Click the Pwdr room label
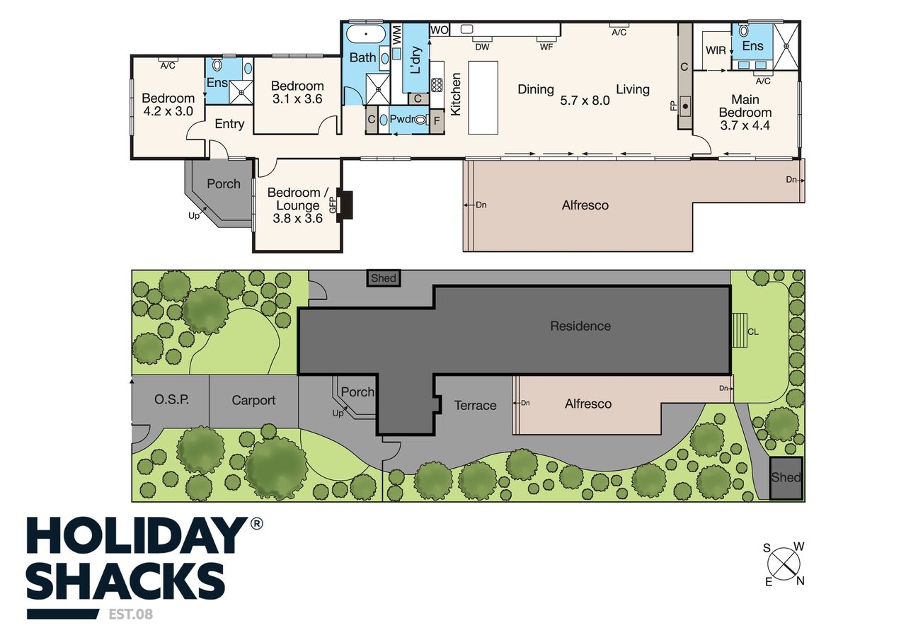402,119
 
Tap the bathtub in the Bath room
366,33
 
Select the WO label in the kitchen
439,30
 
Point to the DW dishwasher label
482,47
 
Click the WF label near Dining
546,47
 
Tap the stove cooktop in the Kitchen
437,85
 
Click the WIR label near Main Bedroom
716,50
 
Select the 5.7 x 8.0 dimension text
585,101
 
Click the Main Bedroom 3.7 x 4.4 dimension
745,125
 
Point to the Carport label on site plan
253,400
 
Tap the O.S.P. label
171,400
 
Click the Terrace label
475,406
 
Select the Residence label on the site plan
580,326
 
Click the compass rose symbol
784,564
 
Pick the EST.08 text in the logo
131,615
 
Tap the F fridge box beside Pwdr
437,120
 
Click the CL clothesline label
752,332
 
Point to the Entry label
229,124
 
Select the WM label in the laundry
397,35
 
